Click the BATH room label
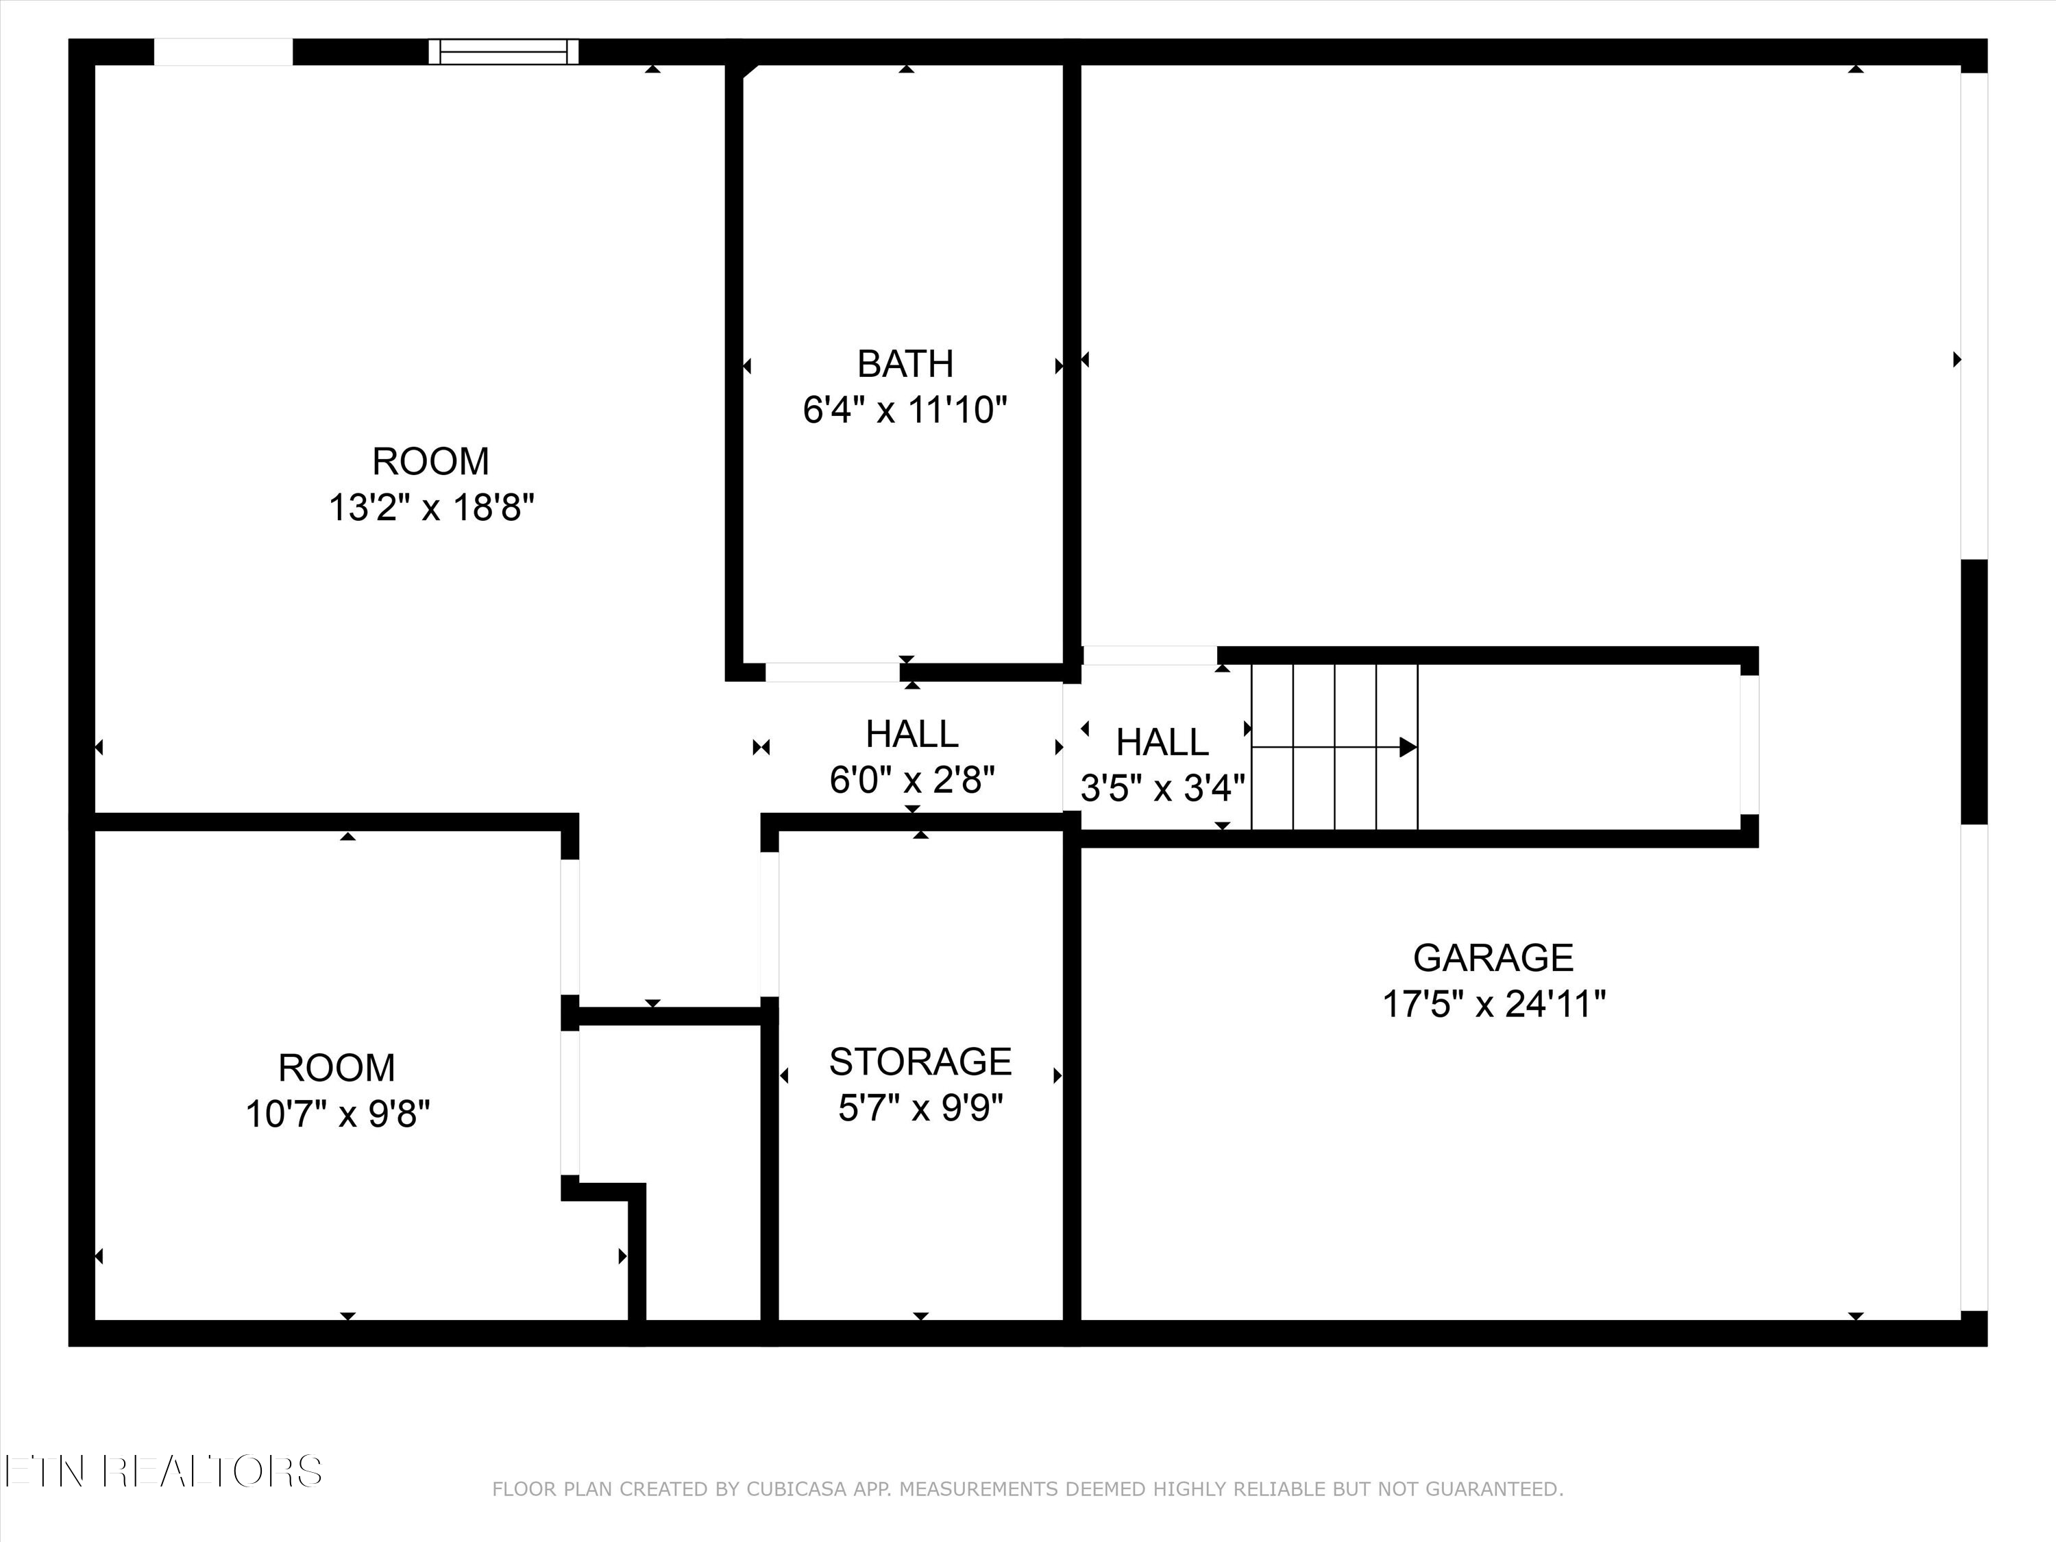coord(905,363)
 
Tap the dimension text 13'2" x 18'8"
coord(431,508)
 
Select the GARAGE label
coord(1493,957)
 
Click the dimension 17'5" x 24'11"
coord(1493,1004)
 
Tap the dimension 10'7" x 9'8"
coord(337,1114)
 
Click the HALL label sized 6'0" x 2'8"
coord(911,734)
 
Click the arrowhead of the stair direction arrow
coord(1407,746)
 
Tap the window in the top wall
coord(503,52)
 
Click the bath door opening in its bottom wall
coord(832,672)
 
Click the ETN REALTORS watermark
coord(162,1471)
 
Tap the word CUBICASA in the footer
coord(796,1516)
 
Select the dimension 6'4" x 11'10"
coord(905,410)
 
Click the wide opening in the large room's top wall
coord(223,52)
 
